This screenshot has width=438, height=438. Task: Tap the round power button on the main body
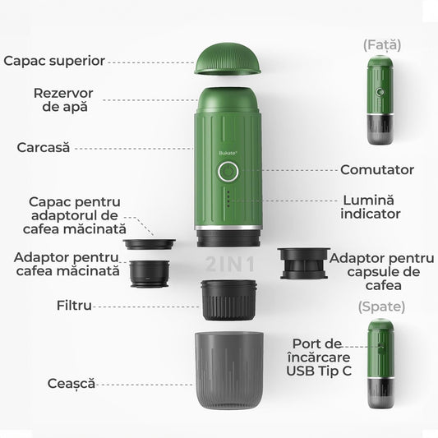point(228,173)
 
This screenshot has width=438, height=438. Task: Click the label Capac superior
point(53,61)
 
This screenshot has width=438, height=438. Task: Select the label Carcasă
point(44,148)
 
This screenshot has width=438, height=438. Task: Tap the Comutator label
point(377,170)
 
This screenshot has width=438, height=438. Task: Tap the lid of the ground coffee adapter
point(150,243)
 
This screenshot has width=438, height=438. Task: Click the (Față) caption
point(382,44)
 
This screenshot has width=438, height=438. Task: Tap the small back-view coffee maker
point(381,366)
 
